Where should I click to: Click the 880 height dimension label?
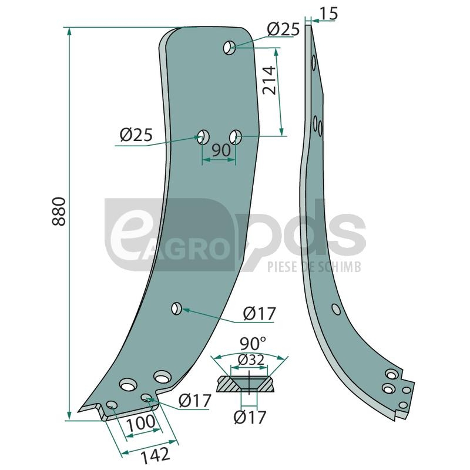[59, 211]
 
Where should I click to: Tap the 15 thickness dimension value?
[329, 14]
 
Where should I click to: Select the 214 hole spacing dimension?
[269, 80]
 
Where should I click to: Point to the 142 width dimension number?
[155, 455]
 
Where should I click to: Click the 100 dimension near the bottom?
[140, 422]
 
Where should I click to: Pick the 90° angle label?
[253, 343]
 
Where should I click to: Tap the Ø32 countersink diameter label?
[251, 360]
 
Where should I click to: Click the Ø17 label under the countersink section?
[250, 417]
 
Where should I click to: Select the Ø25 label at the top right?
[283, 29]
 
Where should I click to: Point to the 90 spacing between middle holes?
[221, 150]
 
